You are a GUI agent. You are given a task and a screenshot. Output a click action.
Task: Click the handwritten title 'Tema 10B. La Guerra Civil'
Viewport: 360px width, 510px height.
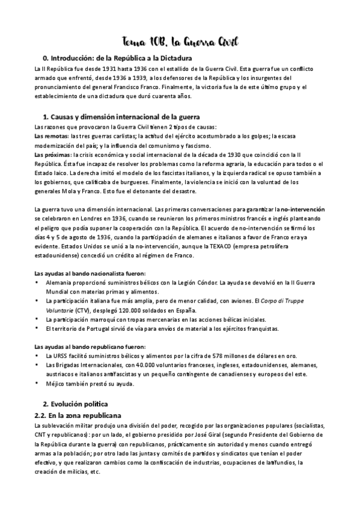tap(180, 41)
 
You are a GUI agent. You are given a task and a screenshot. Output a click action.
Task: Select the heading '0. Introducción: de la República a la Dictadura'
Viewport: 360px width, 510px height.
tap(114, 58)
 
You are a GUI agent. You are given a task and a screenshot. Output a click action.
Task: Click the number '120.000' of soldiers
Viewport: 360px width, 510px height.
tap(136, 310)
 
